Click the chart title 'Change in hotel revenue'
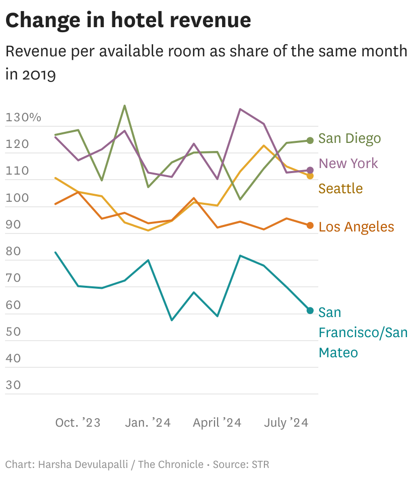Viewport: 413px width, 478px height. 128,20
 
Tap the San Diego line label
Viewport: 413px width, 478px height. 350,138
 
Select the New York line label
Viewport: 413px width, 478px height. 348,164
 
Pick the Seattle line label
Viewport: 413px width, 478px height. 340,189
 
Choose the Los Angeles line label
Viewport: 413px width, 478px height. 356,227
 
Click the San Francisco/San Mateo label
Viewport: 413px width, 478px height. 363,333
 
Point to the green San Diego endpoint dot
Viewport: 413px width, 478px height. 310,140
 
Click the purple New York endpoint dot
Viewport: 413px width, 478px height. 310,170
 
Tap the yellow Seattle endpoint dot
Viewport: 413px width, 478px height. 310,176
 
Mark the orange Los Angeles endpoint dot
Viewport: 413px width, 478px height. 310,225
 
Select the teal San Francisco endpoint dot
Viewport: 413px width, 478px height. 310,310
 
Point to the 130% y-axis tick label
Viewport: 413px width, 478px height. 23,118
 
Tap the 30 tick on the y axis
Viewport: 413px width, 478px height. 14,385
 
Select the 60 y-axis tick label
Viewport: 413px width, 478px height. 14,305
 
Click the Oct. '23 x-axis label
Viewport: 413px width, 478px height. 78,423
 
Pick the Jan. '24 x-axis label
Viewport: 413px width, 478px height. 148,423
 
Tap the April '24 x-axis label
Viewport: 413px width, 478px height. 217,423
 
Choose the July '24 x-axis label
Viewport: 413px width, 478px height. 286,423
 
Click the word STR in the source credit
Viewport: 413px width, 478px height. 260,464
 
